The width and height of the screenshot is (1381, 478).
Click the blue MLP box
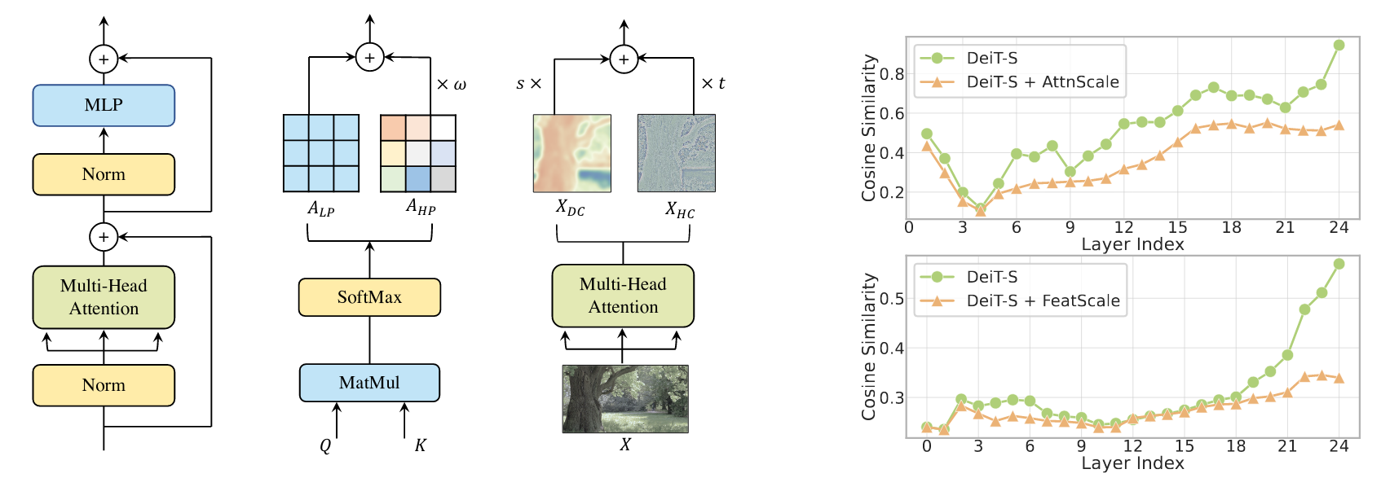[104, 105]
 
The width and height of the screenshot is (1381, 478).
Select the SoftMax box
[369, 297]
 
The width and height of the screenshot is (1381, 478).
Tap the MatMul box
[369, 383]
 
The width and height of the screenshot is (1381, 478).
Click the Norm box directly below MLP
[104, 174]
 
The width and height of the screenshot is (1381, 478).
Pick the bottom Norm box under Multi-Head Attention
[104, 385]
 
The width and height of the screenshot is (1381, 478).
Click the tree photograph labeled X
[625, 398]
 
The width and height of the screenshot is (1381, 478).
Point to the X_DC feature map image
[571, 153]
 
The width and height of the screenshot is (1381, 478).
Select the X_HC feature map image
[676, 153]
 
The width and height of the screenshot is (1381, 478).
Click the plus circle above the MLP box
[104, 59]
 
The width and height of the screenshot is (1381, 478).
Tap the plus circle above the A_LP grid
[369, 57]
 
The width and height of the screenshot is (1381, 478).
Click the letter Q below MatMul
[325, 445]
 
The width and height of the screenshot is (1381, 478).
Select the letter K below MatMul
[420, 445]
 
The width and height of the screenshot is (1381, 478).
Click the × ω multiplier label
[451, 85]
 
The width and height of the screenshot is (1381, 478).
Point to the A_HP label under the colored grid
[421, 208]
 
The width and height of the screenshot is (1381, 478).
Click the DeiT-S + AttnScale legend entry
[1042, 82]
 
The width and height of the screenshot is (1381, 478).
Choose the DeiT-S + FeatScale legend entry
[1043, 300]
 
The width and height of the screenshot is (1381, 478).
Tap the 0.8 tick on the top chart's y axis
[892, 74]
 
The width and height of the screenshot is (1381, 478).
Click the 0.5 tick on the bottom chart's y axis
[892, 299]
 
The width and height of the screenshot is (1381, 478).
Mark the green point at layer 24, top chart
[1339, 45]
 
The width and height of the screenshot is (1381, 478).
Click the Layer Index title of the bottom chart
[1132, 463]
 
